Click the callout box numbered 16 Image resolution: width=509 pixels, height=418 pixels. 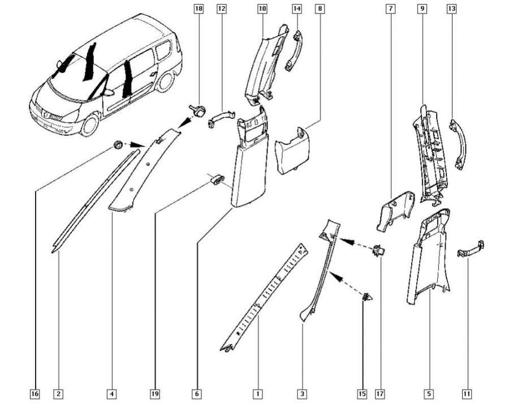[x=35, y=394]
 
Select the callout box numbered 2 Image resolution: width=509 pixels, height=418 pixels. [x=58, y=394]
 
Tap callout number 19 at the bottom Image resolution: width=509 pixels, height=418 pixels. [x=154, y=394]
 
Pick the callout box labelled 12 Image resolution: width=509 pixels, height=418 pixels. [x=221, y=9]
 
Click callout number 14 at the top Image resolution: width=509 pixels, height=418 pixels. [x=297, y=9]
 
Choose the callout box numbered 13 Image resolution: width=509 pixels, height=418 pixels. [x=451, y=9]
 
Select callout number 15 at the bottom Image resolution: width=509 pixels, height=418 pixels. [x=362, y=394]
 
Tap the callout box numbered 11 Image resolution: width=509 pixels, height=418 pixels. [x=467, y=394]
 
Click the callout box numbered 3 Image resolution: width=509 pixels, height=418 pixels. [x=303, y=394]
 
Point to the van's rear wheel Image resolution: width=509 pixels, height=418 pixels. [x=166, y=81]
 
